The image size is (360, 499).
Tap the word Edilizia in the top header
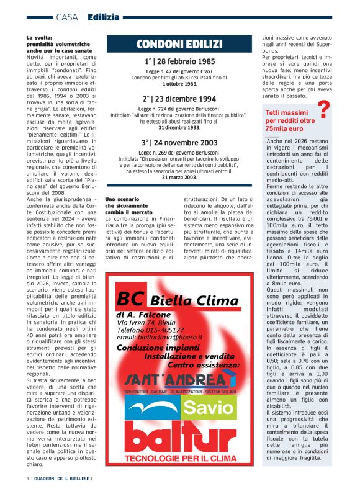[x=103, y=17]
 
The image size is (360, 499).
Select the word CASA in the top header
[x=66, y=17]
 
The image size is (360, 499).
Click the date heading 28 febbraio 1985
[x=179, y=62]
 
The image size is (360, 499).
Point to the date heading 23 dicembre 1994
[x=179, y=99]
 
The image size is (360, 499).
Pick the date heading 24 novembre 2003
[x=179, y=142]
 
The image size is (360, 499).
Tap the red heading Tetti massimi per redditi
[x=290, y=120]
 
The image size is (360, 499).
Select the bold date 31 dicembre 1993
[x=179, y=128]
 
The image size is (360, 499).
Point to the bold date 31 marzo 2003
[x=179, y=178]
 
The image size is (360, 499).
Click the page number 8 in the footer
[x=28, y=479]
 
